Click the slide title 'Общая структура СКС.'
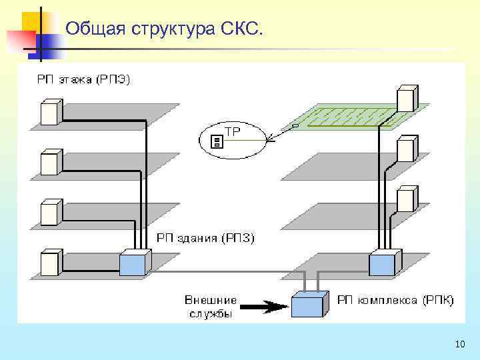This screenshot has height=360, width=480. pyautogui.click(x=165, y=29)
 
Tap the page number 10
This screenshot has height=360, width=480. pyautogui.click(x=459, y=344)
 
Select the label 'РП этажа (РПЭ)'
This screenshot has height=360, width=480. pyautogui.click(x=84, y=80)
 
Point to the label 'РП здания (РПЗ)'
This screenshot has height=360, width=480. pyautogui.click(x=205, y=237)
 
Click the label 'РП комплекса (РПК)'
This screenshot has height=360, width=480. pyautogui.click(x=395, y=301)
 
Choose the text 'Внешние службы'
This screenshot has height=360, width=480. pyautogui.click(x=210, y=307)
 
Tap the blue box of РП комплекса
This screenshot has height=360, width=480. pyautogui.click(x=309, y=305)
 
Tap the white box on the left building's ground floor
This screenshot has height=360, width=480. pyautogui.click(x=51, y=262)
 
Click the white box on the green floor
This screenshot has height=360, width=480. pyautogui.click(x=406, y=99)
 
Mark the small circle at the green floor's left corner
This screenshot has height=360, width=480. pyautogui.click(x=295, y=125)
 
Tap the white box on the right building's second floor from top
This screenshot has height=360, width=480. pyautogui.click(x=406, y=149)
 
